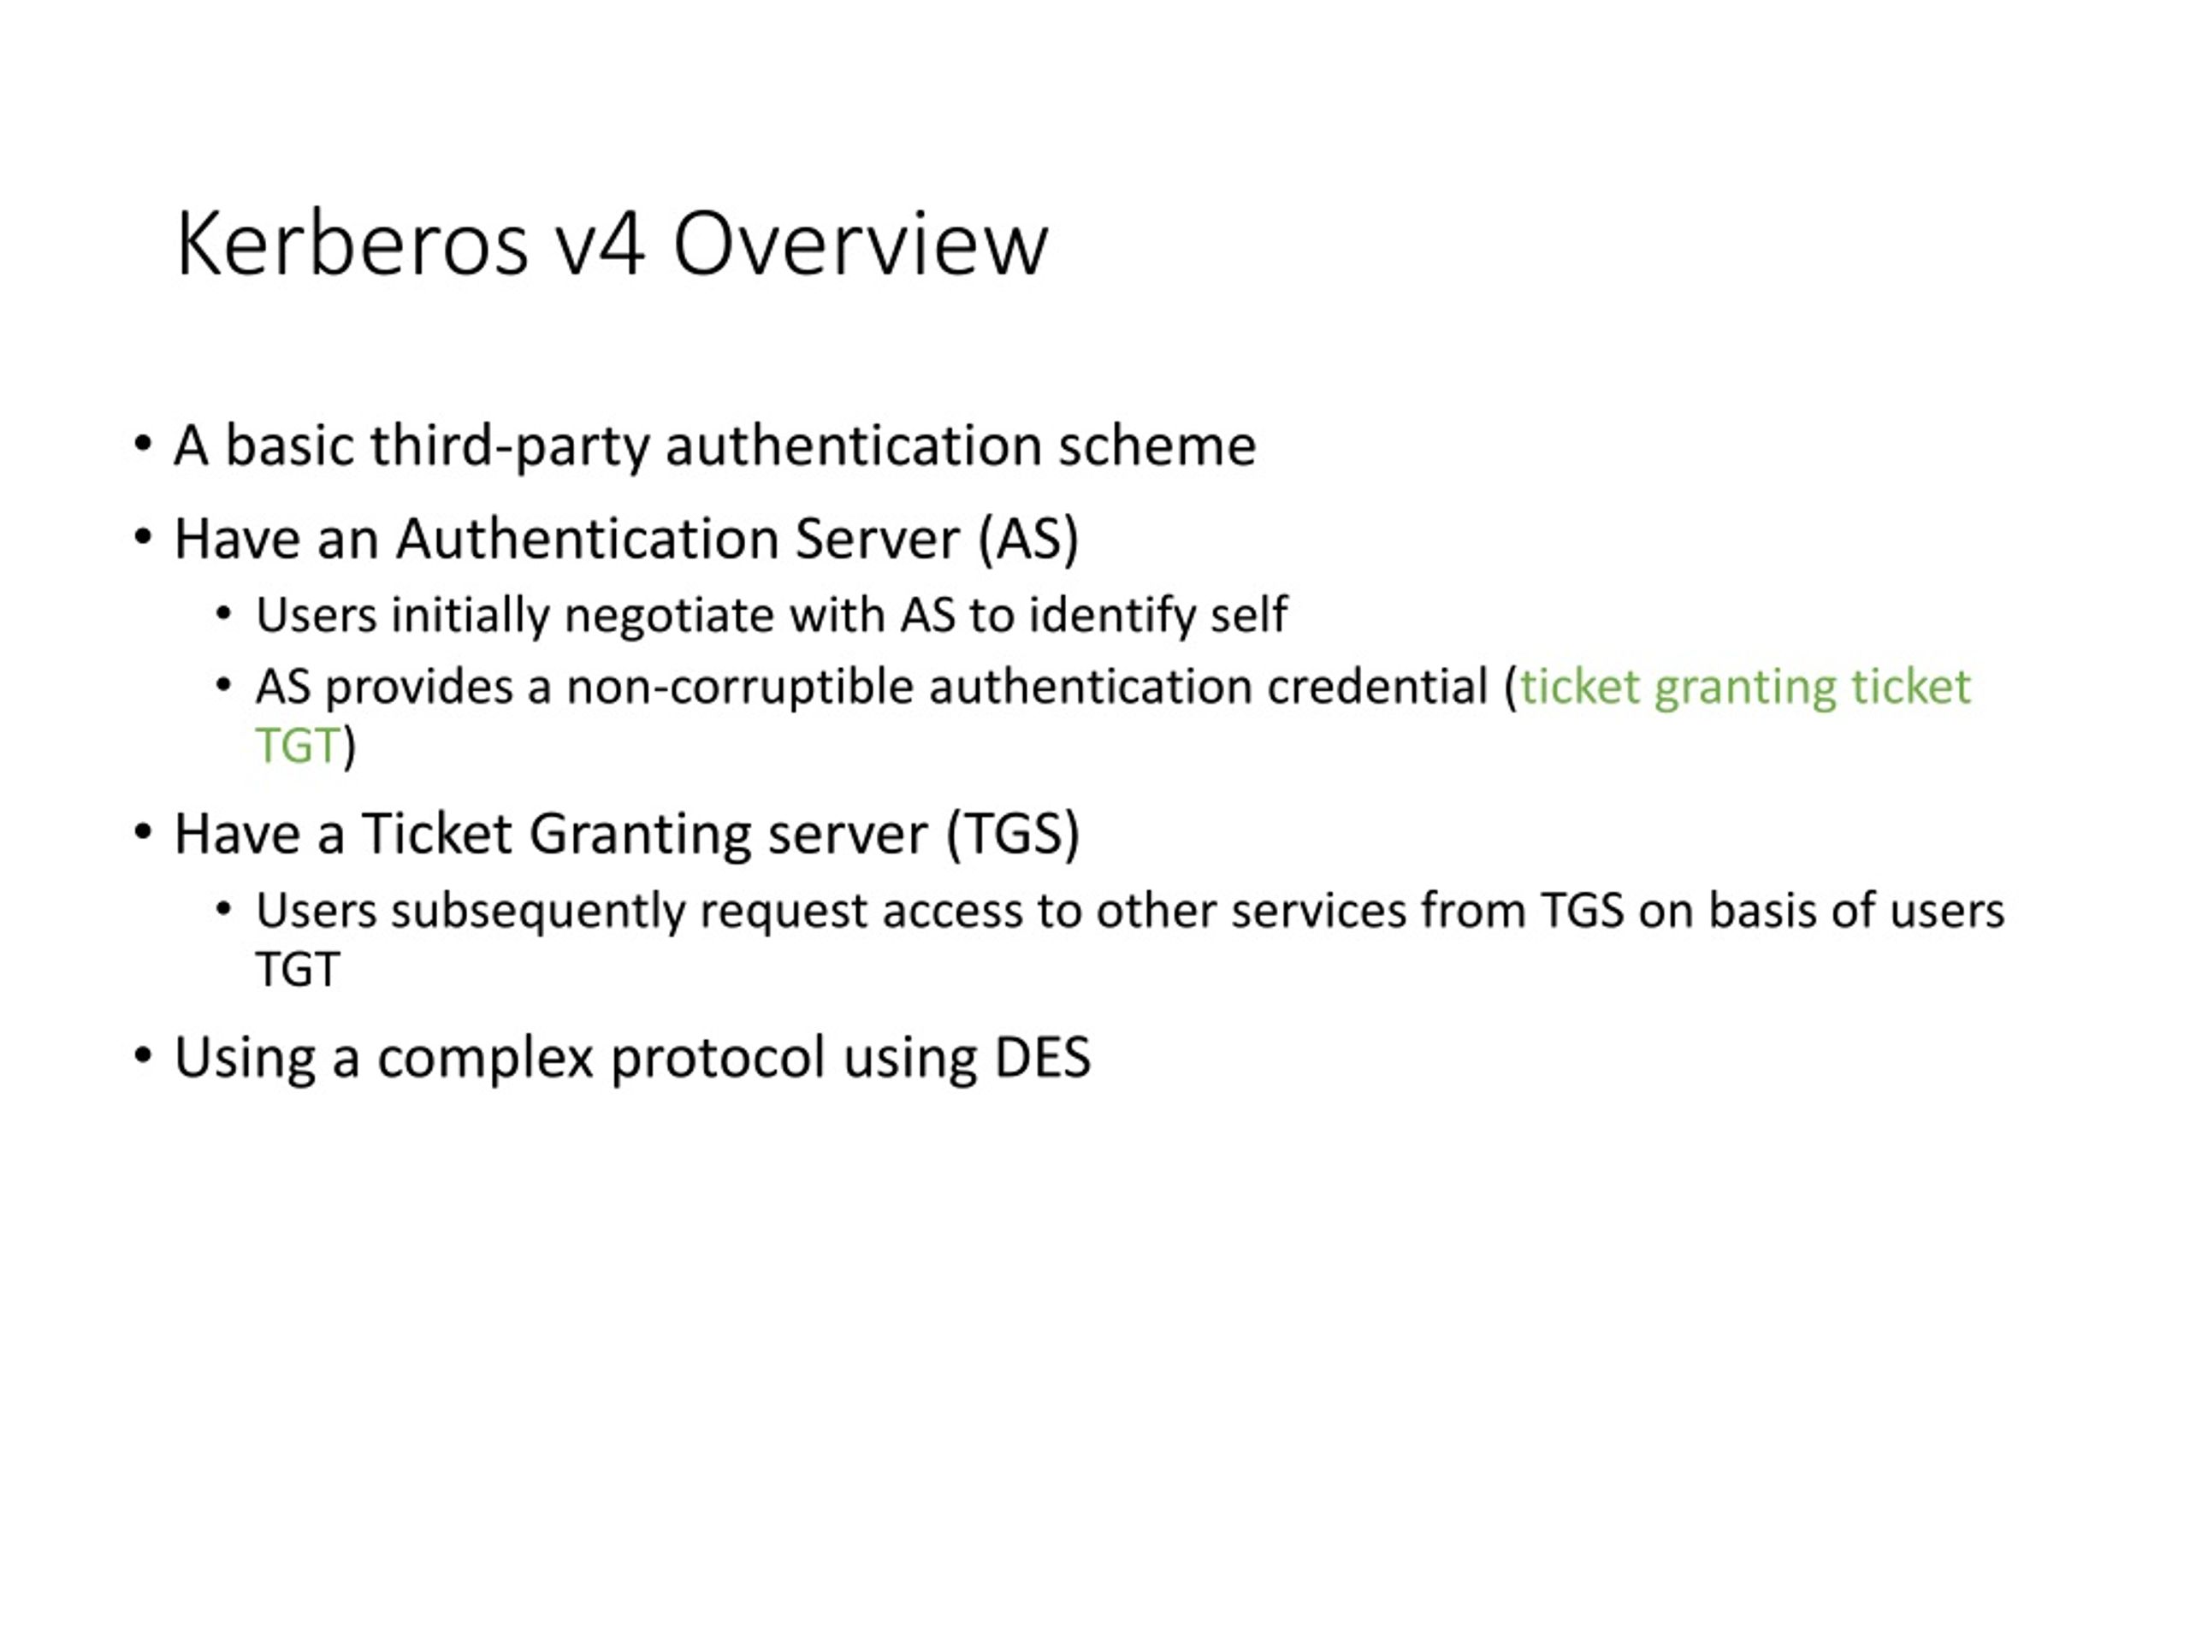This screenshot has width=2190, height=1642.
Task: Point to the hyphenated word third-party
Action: point(510,446)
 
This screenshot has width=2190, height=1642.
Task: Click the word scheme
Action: point(1157,445)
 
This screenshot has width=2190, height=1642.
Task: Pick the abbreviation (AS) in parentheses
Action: point(1027,540)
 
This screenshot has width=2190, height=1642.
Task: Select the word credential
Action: point(1377,686)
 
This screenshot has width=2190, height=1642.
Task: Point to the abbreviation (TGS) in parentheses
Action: point(1012,833)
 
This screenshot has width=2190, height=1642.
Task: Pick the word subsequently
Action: point(537,912)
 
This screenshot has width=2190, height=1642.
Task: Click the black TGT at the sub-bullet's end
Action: point(298,970)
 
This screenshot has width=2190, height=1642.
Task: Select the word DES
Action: point(1042,1057)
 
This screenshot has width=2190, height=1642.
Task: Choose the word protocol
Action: point(718,1058)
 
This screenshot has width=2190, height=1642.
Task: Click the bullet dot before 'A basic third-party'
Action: point(144,443)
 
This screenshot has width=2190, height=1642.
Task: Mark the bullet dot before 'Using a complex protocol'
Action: point(144,1056)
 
